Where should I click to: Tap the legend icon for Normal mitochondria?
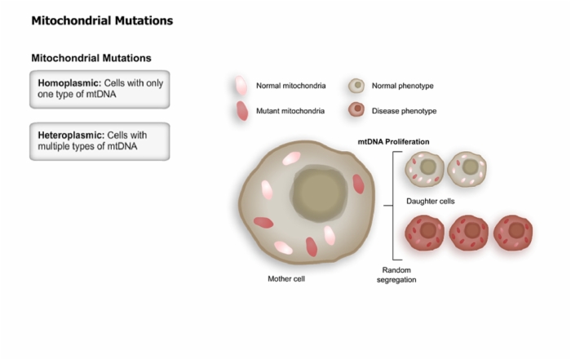pos(241,86)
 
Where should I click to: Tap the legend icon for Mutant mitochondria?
pos(242,111)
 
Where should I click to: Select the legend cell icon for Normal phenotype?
pos(356,86)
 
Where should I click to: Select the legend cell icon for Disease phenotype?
pos(356,109)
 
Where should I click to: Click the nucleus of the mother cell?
pos(320,193)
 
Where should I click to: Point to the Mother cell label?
pos(286,278)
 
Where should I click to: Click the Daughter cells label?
pos(431,201)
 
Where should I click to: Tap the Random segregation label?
pos(396,275)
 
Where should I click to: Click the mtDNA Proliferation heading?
pos(393,142)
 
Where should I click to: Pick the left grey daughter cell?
pos(425,169)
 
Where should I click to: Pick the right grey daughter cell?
pos(467,169)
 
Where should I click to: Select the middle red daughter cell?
pos(469,233)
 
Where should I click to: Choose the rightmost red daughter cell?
pos(513,233)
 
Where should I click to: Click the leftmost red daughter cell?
pos(425,233)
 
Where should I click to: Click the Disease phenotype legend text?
pos(405,111)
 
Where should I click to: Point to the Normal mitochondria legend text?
pos(291,86)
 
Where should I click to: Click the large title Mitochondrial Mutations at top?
pos(102,20)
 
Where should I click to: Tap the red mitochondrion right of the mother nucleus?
pos(358,184)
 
